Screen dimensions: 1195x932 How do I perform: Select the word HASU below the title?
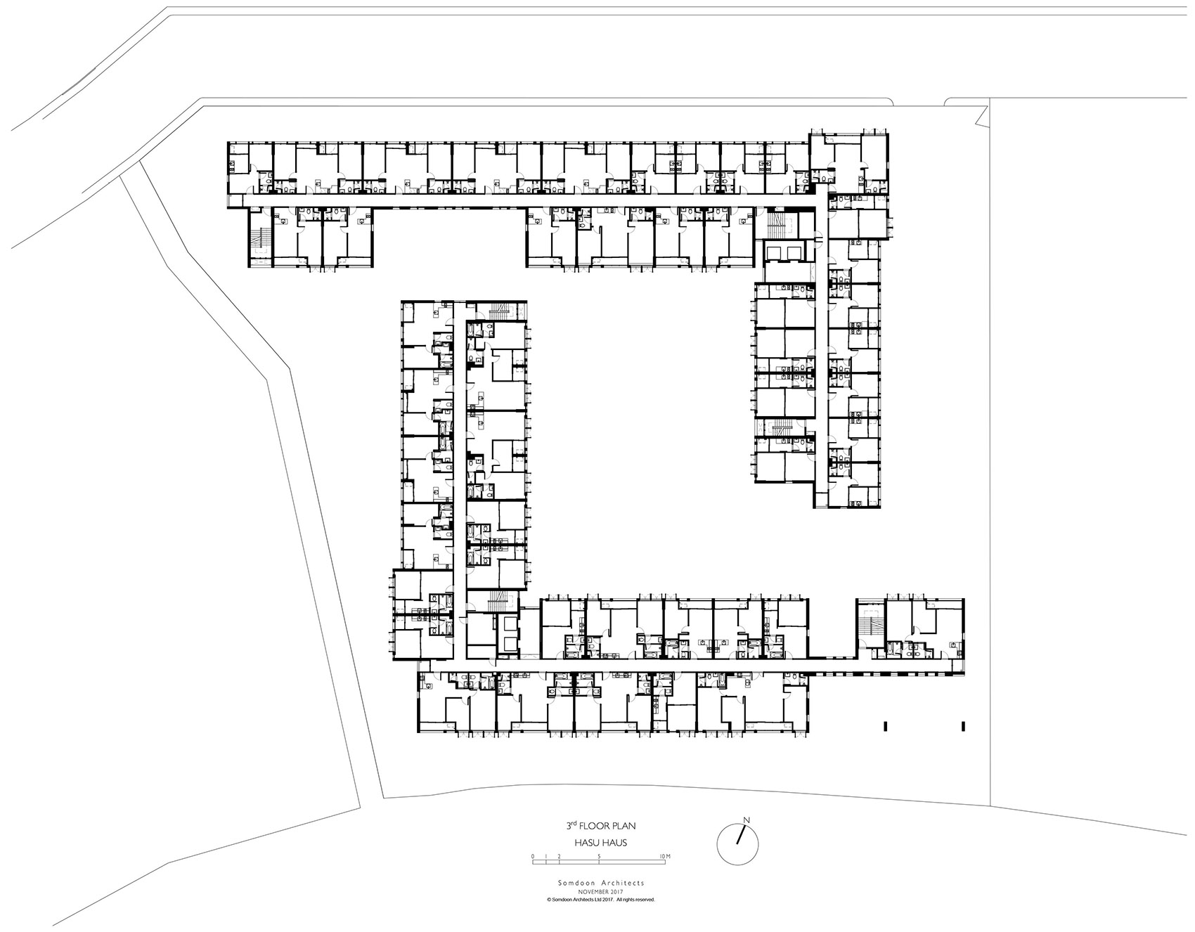coord(585,843)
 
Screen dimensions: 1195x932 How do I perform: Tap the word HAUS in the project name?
coord(614,843)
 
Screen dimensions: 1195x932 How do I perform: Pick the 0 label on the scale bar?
coord(533,856)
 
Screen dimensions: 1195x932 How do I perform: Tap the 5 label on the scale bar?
coord(598,856)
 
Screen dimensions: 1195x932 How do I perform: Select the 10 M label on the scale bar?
coord(665,856)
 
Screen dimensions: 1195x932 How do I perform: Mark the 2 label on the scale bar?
coord(559,856)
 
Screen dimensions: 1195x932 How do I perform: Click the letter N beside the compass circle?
coord(747,820)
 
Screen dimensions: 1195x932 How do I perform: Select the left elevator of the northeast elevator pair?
coord(775,252)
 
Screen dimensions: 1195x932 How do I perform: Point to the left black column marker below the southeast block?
coord(886,725)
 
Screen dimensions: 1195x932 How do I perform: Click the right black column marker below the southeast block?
coord(963,725)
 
